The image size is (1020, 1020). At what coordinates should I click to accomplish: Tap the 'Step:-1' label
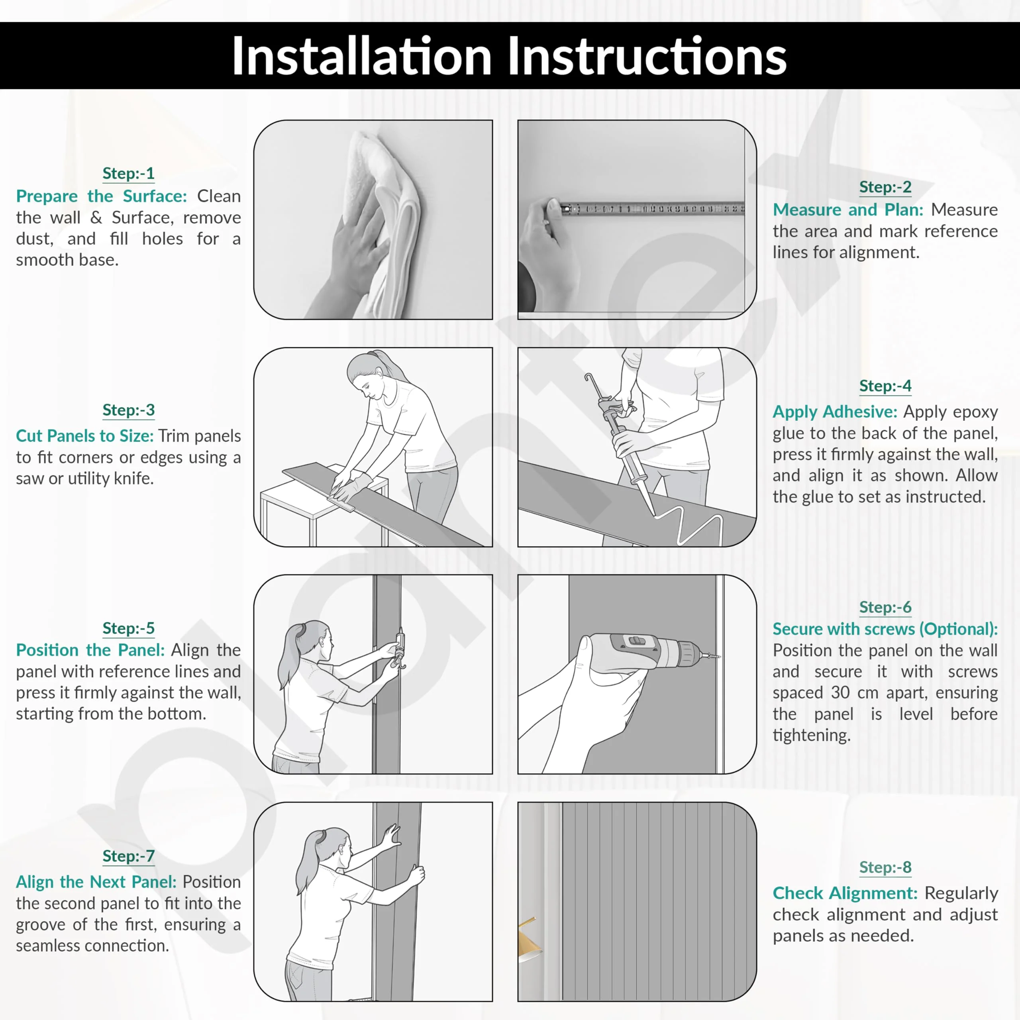click(x=128, y=174)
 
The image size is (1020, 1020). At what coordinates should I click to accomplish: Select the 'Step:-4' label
click(x=885, y=386)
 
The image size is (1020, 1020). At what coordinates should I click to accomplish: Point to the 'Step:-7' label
click(x=128, y=856)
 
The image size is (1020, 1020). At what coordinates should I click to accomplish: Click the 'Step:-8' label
click(x=885, y=867)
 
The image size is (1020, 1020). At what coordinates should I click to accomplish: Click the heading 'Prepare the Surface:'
click(x=101, y=196)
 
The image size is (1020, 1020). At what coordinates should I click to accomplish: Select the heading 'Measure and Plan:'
click(x=848, y=210)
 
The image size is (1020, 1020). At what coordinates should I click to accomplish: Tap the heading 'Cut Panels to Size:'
click(x=84, y=436)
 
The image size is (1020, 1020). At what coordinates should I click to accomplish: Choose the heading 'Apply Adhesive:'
click(x=835, y=412)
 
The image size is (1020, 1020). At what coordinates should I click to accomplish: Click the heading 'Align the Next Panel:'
click(x=96, y=882)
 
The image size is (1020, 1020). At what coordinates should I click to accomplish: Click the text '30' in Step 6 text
click(x=840, y=692)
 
